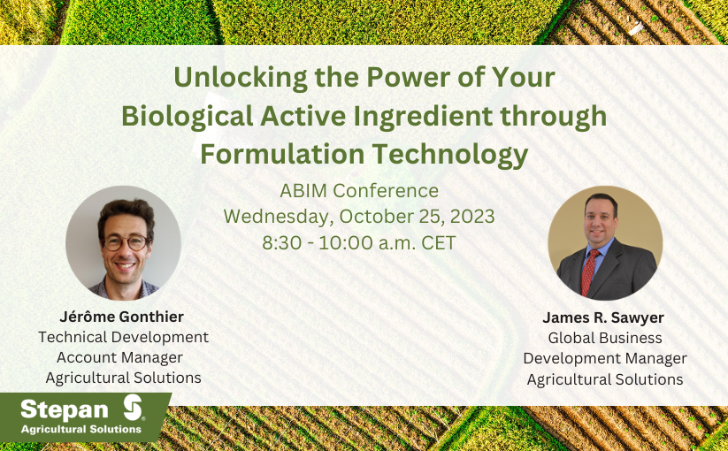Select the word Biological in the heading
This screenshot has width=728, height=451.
(188, 116)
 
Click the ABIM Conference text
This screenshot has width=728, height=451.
(359, 191)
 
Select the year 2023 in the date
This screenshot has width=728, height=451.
(472, 217)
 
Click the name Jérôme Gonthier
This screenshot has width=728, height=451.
(122, 317)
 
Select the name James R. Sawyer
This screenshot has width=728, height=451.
(603, 317)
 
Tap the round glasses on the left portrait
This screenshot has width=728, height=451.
(126, 242)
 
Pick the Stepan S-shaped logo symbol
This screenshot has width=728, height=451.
(134, 408)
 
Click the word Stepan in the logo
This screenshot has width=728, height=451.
(65, 409)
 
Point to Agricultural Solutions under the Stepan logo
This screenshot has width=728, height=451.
(81, 429)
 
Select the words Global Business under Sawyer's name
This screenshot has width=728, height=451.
(605, 338)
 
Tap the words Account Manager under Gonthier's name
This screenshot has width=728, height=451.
(119, 358)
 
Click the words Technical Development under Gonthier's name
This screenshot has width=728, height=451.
(124, 337)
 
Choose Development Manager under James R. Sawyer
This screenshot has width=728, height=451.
(605, 359)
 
